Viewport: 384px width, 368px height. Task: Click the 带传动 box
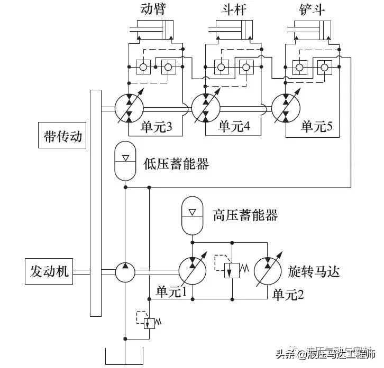62,136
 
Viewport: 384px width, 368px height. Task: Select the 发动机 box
48,271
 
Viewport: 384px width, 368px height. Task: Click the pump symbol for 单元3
129,108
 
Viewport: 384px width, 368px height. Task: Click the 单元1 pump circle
191,271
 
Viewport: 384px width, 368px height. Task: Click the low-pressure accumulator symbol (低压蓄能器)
125,163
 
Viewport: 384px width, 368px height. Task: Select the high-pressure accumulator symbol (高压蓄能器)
192,215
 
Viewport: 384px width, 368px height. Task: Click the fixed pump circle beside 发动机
125,271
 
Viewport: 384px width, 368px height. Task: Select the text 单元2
288,295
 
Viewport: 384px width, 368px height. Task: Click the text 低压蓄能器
176,164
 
